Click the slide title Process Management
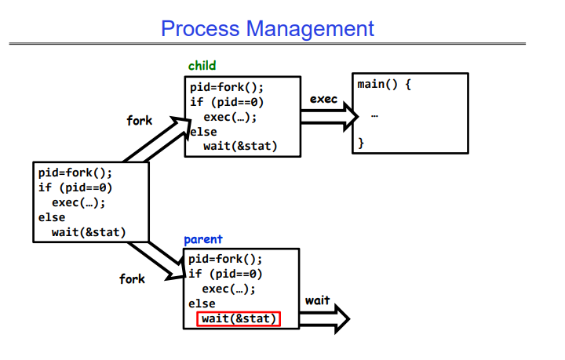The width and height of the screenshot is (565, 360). tap(268, 29)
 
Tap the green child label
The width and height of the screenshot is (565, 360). tap(202, 66)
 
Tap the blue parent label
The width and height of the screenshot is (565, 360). tap(203, 239)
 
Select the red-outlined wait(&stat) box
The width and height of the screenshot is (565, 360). tap(239, 318)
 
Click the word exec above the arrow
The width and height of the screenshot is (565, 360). tap(323, 100)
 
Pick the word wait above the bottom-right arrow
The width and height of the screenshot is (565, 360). tap(318, 300)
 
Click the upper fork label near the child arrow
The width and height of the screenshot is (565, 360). tap(139, 121)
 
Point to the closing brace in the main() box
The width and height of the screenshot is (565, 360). tap(361, 143)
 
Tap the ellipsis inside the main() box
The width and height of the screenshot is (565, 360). tap(374, 115)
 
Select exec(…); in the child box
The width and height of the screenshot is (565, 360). tap(229, 118)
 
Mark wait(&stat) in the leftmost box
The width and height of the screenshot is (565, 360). tap(89, 231)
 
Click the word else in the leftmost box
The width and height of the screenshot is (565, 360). tap(52, 217)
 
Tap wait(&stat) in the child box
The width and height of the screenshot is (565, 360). tap(240, 147)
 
